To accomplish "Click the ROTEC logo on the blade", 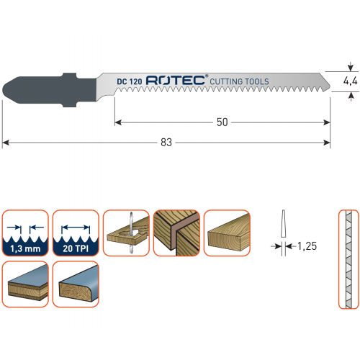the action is click(x=176, y=80).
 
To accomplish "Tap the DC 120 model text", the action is click(x=130, y=81).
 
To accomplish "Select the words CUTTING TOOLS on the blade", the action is click(x=239, y=81).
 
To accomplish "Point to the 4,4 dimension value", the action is click(x=350, y=81).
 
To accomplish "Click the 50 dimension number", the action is click(x=222, y=122).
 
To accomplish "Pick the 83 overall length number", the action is click(x=166, y=143).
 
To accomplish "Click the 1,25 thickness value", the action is click(x=307, y=246).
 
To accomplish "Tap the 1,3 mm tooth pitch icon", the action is click(x=25, y=233).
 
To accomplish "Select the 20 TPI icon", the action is click(x=76, y=233).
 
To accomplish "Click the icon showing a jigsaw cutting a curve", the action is click(x=126, y=233).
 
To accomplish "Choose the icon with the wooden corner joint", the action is click(x=176, y=233).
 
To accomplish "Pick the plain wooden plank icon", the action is click(x=227, y=233).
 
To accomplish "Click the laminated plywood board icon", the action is click(x=25, y=284).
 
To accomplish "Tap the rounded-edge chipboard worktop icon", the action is click(x=76, y=284).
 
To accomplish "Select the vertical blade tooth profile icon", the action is click(x=348, y=259).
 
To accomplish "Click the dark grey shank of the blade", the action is click(x=49, y=90).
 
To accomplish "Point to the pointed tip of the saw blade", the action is click(x=330, y=86).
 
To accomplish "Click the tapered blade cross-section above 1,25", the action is click(x=283, y=224).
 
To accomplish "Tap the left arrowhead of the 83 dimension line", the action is click(x=5, y=143).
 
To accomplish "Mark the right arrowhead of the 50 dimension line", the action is click(x=327, y=122).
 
